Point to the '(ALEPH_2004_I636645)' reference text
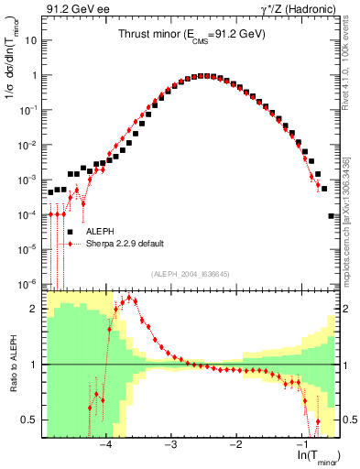(x=190, y=273)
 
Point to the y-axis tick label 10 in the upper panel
(x=30, y=41)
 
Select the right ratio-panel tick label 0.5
(x=349, y=420)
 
